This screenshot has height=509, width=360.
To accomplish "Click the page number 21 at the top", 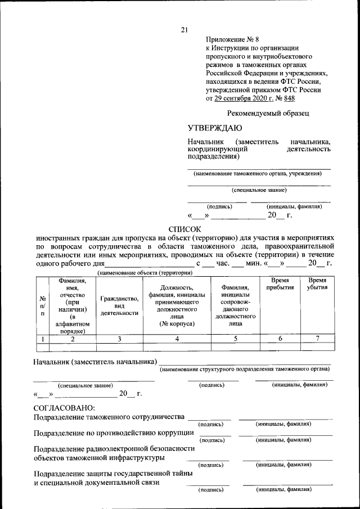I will click(x=184, y=30).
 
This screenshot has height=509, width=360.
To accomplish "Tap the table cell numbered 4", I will click(x=177, y=339).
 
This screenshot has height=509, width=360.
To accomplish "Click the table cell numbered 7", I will click(x=318, y=339).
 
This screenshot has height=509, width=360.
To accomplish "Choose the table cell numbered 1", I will click(x=43, y=339).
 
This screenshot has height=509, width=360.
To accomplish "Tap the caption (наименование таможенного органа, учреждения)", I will click(x=258, y=174).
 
